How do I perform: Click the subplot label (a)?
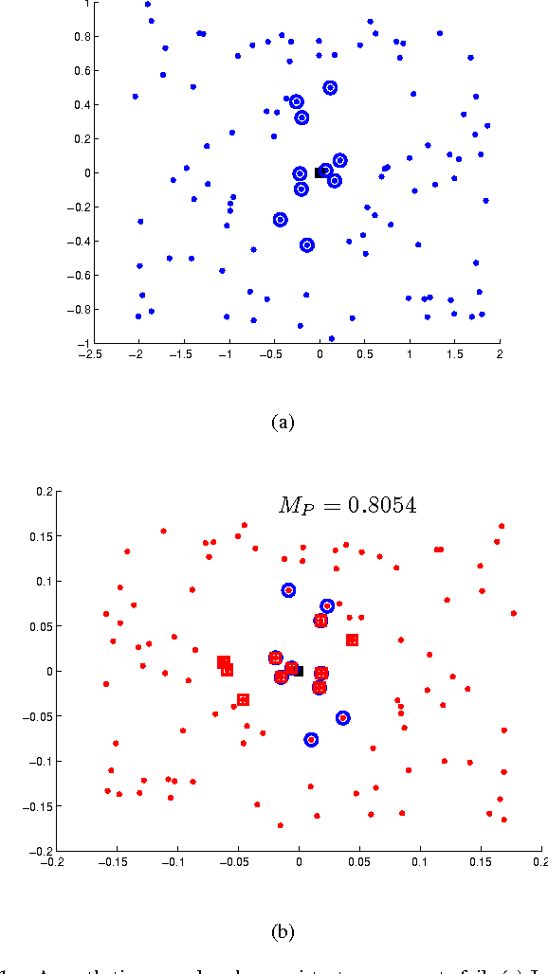[282, 424]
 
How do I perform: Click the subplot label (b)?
[282, 932]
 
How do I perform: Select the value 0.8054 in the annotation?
[377, 506]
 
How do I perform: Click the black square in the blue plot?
[320, 172]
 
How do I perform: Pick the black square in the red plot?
[298, 670]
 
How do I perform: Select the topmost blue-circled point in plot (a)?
[330, 88]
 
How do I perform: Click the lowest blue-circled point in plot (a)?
[306, 245]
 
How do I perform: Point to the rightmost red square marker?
[352, 640]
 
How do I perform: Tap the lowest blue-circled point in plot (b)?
[311, 739]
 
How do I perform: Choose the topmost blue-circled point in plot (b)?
[288, 589]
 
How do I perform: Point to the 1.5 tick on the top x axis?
[453, 355]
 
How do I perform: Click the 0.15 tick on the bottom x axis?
[481, 863]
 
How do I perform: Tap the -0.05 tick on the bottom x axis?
[237, 863]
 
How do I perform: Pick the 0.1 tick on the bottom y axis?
[40, 581]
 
